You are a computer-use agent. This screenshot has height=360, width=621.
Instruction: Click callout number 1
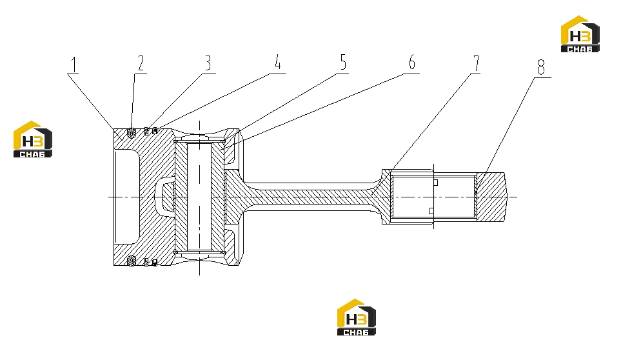click(74, 65)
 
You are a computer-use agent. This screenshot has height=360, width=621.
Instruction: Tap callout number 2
click(141, 63)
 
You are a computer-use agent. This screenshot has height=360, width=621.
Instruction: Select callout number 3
click(208, 63)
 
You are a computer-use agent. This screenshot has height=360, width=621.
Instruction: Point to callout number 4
click(278, 62)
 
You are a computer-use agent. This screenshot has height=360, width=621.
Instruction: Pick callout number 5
click(343, 62)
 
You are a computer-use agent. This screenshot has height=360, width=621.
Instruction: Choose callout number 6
click(412, 62)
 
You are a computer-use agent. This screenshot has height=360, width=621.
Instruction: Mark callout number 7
click(476, 63)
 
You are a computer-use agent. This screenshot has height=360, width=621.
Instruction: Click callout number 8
click(541, 67)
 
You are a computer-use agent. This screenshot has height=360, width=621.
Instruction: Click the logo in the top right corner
click(580, 34)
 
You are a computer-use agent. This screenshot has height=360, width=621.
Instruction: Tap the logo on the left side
click(32, 139)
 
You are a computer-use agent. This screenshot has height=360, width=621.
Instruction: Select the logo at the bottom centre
click(357, 317)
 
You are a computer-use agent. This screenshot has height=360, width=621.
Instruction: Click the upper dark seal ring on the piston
click(131, 133)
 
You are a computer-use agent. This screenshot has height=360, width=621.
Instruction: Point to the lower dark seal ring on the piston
click(131, 261)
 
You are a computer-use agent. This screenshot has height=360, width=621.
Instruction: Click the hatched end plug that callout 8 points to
click(491, 197)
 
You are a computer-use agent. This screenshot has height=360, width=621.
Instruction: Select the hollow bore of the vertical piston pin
click(199, 197)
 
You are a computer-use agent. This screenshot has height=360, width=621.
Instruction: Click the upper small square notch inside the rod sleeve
click(436, 183)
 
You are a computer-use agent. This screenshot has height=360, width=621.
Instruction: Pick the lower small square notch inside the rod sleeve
click(431, 211)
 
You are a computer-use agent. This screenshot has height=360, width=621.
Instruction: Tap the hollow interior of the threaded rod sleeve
click(434, 197)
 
